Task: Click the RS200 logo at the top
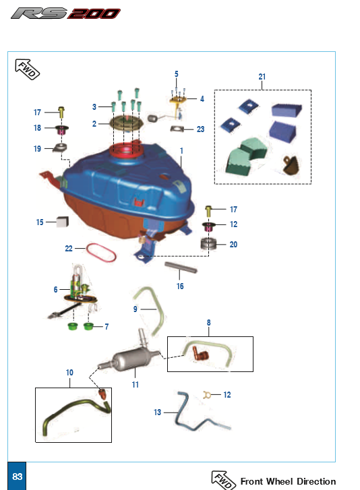[x=65, y=13]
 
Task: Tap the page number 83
[x=17, y=477]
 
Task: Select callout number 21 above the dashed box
[x=262, y=77]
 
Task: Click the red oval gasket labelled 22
[x=101, y=253]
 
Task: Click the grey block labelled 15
[x=63, y=221]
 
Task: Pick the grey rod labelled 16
[x=181, y=267]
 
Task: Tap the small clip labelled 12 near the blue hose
[x=206, y=395]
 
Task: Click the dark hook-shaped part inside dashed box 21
[x=291, y=164]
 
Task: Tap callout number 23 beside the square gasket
[x=200, y=129]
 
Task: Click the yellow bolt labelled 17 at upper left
[x=61, y=112]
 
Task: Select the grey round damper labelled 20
[x=208, y=244]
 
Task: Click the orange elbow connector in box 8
[x=200, y=353]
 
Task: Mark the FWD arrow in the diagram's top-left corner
[x=28, y=69]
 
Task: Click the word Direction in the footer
[x=316, y=481]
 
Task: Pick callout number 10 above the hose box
[x=69, y=373]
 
